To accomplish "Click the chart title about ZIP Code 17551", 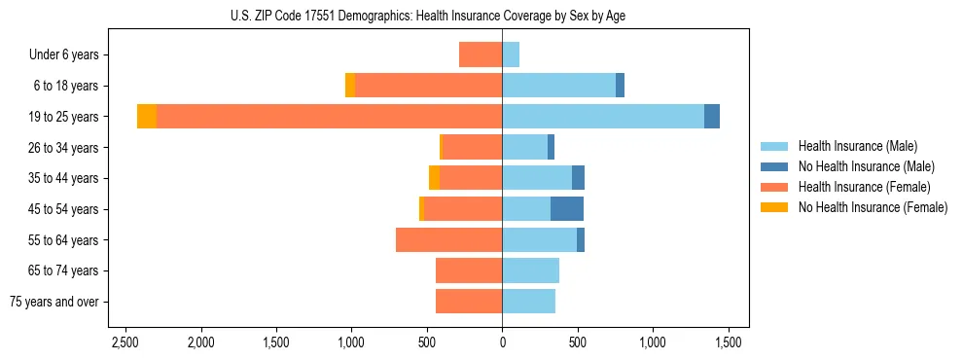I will (x=481, y=15).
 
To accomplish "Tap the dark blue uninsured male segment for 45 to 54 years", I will (x=567, y=209).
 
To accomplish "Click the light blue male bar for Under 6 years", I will (x=511, y=55).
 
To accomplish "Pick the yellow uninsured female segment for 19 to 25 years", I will (x=147, y=117).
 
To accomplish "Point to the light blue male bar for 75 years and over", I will (x=528, y=302).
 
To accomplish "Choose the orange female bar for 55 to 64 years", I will (x=448, y=240).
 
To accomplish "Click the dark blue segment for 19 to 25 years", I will (x=712, y=117).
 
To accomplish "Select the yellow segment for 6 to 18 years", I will (x=350, y=86).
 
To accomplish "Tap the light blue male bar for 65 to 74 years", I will (x=530, y=270).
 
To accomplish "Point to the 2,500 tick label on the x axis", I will (x=125, y=343).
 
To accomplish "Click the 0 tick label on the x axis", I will (x=502, y=343).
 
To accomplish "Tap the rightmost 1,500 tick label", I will (x=729, y=343).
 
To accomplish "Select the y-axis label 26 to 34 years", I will (x=64, y=148).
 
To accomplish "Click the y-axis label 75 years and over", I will (x=54, y=302).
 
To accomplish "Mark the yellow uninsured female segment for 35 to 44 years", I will (x=434, y=178).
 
